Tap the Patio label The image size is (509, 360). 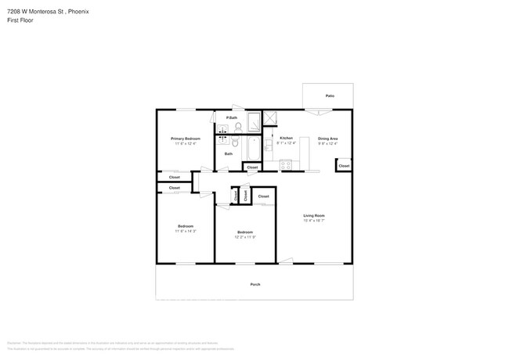[x=330, y=95]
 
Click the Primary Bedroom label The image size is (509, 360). [x=186, y=139]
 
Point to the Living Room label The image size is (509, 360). [x=314, y=215]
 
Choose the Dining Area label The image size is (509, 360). [x=327, y=139]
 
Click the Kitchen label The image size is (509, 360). [x=286, y=138]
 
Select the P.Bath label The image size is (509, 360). [x=232, y=118]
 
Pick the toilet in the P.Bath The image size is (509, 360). [x=238, y=127]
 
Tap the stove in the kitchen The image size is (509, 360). [x=286, y=164]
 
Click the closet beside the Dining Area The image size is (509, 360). [x=344, y=166]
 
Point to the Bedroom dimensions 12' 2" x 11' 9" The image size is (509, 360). [x=245, y=236]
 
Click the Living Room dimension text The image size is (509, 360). [x=314, y=221]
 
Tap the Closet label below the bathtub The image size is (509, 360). [x=252, y=167]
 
